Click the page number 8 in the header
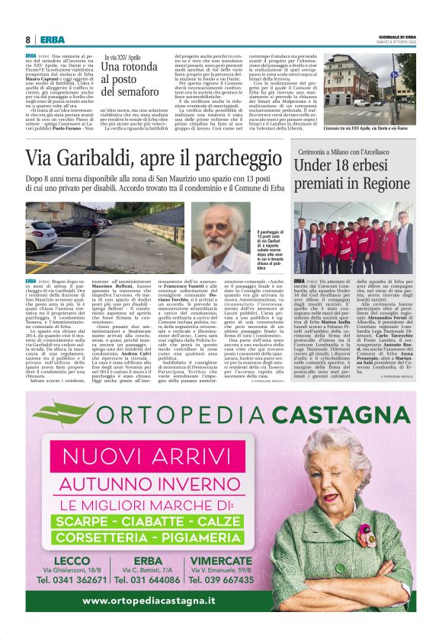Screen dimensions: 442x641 point(28,40)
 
